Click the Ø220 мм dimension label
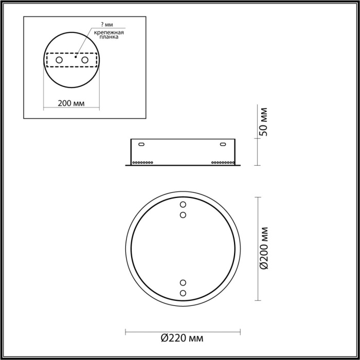[x=182, y=338]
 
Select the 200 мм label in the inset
[x=71, y=103]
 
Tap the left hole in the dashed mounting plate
[x=59, y=60]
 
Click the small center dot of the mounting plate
[x=75, y=58]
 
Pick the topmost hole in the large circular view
[x=183, y=205]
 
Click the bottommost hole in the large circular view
[x=183, y=293]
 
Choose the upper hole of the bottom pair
[x=183, y=282]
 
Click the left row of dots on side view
[x=143, y=162]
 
